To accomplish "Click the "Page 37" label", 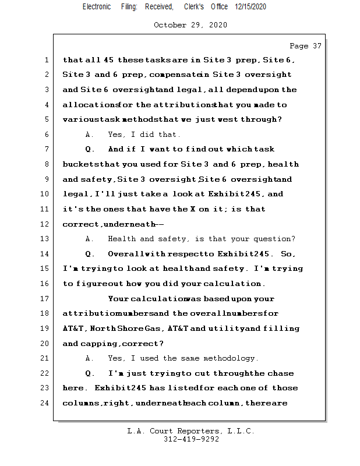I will pos(305,45).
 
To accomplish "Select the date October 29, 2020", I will pos(190,25).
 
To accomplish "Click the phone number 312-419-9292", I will pos(191,439).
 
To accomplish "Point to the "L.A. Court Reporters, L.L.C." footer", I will pos(191,431).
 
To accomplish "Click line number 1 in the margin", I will pos(45,60).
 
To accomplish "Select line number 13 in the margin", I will pos(44,239).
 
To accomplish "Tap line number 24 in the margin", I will pos(44,403).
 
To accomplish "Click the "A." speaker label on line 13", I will pos(89,239).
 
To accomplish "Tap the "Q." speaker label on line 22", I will pos(90,373).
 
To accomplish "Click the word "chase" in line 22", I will pos(280,373).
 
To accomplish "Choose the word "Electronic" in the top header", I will pos(97,6).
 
